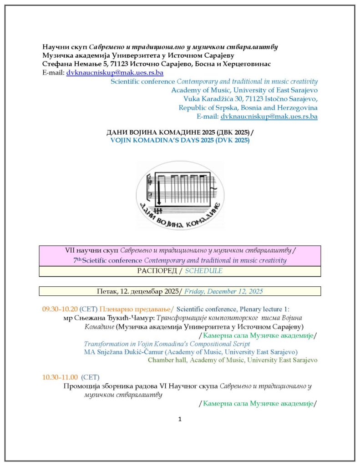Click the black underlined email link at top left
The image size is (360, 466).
tap(115, 72)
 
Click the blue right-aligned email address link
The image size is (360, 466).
tap(269, 116)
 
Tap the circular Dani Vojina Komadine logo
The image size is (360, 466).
tap(180, 195)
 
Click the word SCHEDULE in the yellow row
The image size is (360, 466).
tap(207, 271)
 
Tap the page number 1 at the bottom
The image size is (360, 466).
tap(180, 419)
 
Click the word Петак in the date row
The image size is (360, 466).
tap(106, 291)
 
